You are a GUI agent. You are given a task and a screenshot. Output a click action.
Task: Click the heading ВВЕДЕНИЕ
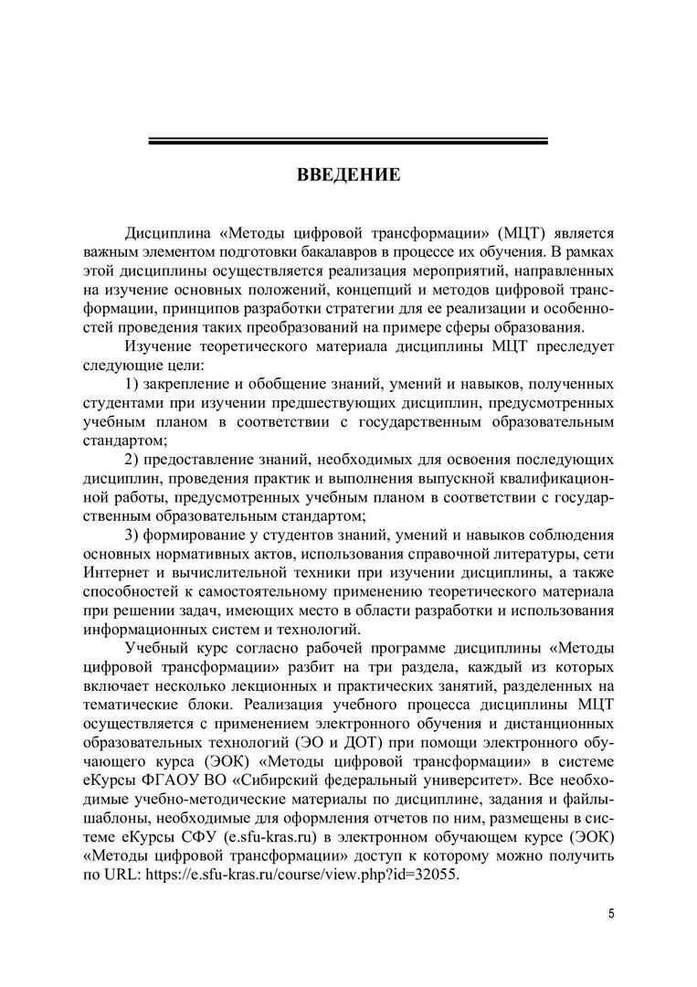[348, 174]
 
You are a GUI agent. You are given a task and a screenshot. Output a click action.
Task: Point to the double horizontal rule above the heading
[348, 141]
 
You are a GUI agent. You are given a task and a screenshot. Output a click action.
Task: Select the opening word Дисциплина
[168, 233]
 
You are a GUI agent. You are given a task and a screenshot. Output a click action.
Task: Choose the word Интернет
[116, 572]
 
